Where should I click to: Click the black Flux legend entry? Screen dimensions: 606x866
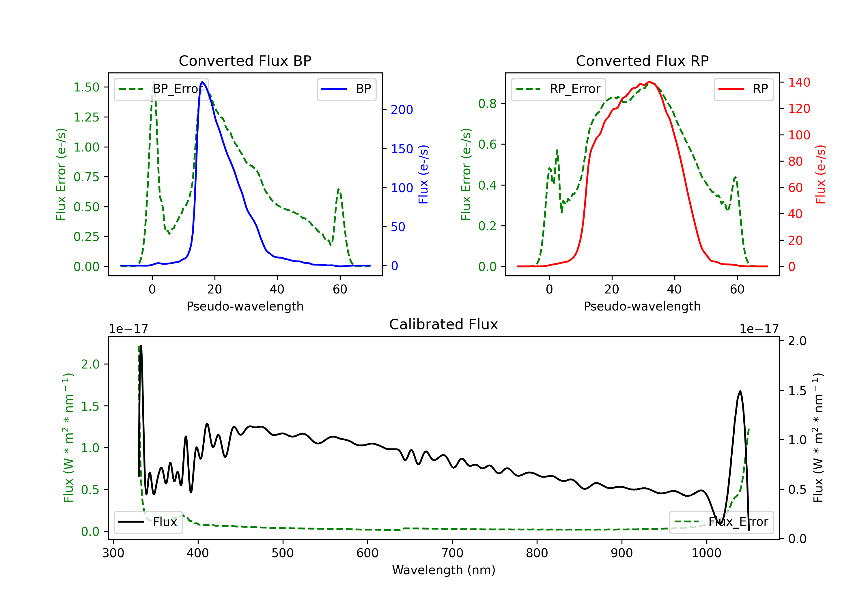point(148,522)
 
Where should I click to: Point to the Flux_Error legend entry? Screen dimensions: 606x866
point(721,522)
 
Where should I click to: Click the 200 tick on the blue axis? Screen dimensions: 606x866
point(402,110)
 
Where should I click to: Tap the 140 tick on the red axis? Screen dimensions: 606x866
point(799,82)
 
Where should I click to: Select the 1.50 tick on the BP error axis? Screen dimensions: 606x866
point(86,87)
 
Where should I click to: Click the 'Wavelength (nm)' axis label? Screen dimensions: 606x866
point(444,570)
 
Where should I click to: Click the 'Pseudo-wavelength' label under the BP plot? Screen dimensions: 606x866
point(245,306)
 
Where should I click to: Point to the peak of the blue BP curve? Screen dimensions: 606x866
point(202,82)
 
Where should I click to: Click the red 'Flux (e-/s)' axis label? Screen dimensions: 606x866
point(820,175)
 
